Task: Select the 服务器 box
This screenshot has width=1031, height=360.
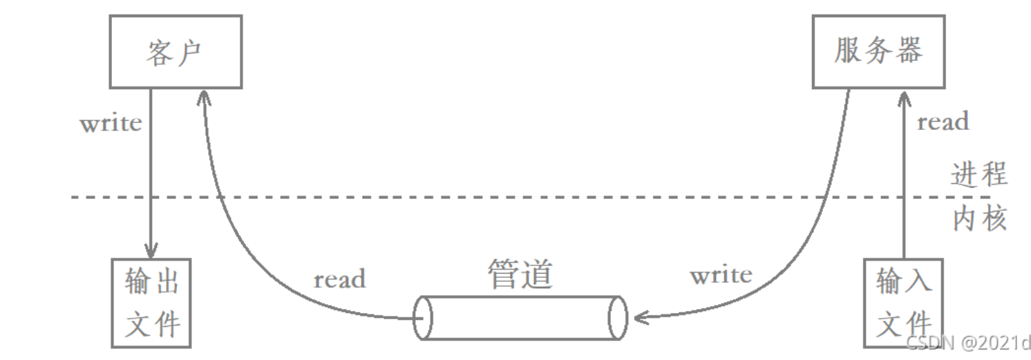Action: pos(878,52)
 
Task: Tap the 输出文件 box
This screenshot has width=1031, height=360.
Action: pos(151,303)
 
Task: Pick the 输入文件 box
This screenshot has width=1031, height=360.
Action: pos(903,303)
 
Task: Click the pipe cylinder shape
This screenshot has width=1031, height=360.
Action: pos(521,318)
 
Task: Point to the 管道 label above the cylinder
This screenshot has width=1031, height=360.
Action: pos(521,275)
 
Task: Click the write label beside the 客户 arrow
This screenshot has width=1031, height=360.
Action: pos(111,124)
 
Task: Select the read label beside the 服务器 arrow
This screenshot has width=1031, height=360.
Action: pos(943,122)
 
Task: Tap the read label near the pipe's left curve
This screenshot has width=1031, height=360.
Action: pos(339,279)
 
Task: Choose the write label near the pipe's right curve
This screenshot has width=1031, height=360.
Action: pos(721,275)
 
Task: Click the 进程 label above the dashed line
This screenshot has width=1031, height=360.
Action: pos(979,175)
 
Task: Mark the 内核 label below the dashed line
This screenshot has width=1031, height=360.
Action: pos(979,219)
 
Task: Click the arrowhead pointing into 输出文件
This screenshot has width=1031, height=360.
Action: pos(151,250)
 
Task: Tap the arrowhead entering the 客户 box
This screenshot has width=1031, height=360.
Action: pos(202,97)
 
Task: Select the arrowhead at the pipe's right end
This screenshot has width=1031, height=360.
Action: pos(641,317)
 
